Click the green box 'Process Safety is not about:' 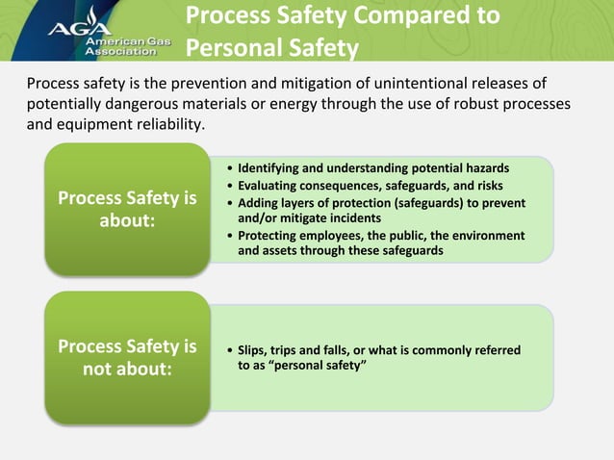coord(127,357)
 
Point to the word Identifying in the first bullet coord(270,167)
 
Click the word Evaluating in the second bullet coord(269,185)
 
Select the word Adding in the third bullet coord(257,203)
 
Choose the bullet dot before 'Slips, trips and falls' coord(228,351)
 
